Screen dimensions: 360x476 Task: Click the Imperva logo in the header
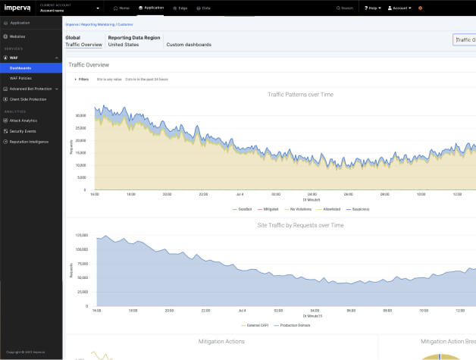click(17, 8)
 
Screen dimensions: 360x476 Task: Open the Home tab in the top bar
click(121, 8)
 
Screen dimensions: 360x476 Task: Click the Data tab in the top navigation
click(204, 8)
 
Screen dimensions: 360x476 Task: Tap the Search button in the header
click(346, 8)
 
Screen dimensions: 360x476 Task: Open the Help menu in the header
click(371, 8)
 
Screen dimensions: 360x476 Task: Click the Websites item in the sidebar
click(17, 36)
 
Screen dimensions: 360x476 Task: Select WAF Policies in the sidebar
click(20, 78)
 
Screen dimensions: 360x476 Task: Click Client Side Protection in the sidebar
click(28, 99)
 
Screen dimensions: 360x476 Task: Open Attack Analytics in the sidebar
click(23, 121)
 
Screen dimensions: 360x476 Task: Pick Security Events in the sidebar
click(23, 131)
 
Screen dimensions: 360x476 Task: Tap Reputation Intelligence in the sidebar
click(29, 141)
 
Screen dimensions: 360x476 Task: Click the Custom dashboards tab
click(189, 45)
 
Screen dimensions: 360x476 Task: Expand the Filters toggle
click(81, 79)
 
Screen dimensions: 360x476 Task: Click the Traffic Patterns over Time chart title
click(300, 95)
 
